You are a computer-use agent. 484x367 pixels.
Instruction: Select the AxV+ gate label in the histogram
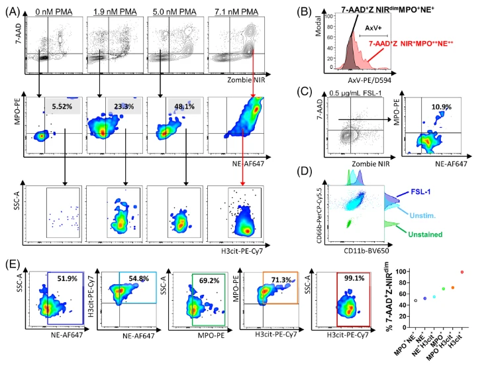click(374, 28)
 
